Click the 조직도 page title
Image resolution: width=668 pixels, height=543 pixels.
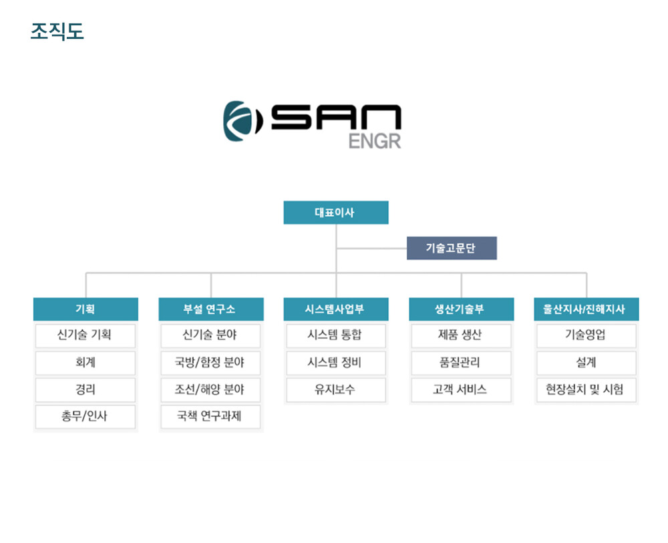coord(57,31)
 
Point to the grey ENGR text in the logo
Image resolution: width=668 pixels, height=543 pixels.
coord(375,142)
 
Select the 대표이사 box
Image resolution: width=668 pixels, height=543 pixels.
coord(336,212)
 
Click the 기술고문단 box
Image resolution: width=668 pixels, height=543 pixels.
coord(452,248)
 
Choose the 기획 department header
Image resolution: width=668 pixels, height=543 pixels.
coord(86,309)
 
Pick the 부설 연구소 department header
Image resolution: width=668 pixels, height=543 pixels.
coord(211,309)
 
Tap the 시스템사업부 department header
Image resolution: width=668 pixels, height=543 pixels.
coord(336,309)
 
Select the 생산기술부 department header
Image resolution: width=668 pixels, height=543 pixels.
coord(461,309)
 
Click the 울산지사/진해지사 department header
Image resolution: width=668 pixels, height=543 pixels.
coord(587,309)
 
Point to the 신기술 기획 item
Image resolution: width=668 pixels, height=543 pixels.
coord(86,335)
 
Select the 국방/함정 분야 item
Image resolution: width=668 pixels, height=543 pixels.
coord(210,363)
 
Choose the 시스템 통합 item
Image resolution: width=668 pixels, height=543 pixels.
coord(336,335)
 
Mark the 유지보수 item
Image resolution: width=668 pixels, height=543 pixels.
coord(336,389)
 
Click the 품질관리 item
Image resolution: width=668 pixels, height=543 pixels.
coord(461,363)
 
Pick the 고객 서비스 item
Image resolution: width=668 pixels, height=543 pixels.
coord(461,389)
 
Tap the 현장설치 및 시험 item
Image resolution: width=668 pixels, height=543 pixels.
coord(587,389)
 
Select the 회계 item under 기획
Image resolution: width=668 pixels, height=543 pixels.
coord(86,363)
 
